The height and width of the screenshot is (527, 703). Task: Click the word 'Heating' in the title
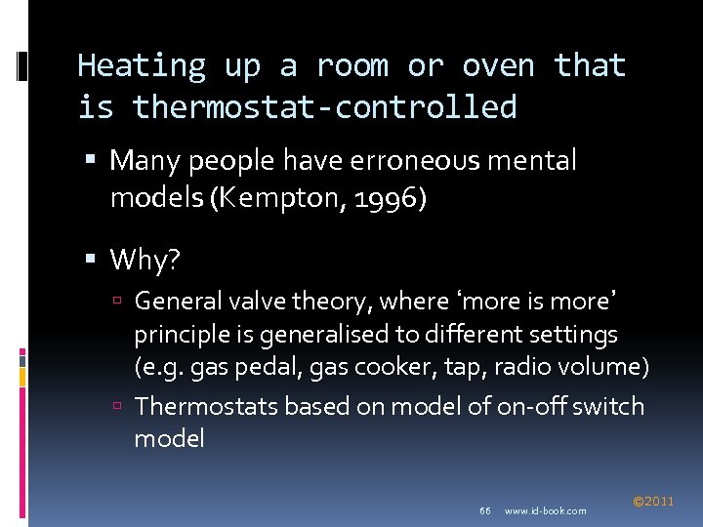tap(142, 65)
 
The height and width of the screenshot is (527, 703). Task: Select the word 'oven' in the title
tap(498, 65)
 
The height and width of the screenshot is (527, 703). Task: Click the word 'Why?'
tap(144, 260)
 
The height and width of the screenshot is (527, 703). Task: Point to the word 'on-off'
tap(516, 405)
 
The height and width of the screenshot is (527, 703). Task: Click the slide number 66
tap(485, 510)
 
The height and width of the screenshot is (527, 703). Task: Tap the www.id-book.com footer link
tap(546, 510)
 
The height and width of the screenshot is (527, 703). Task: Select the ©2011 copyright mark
tap(653, 502)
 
